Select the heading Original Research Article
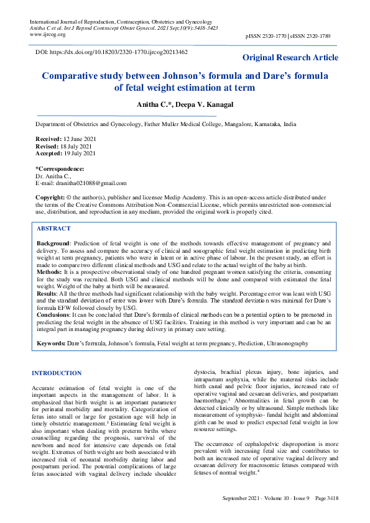[290, 58]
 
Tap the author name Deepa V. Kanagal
[202, 104]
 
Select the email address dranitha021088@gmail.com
[90, 183]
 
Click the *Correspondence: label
[60, 169]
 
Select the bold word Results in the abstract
[49, 292]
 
